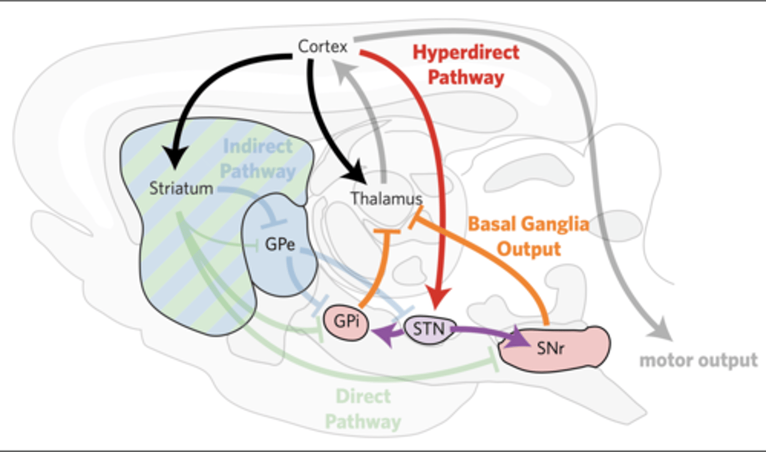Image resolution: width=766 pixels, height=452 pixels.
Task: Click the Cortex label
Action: tap(322, 47)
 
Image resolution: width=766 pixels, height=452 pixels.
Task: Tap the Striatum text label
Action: tap(181, 188)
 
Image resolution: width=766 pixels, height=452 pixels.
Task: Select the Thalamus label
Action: tap(386, 199)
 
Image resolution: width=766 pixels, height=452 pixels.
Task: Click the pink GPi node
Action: tap(346, 322)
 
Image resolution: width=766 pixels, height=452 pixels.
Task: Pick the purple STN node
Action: tap(429, 328)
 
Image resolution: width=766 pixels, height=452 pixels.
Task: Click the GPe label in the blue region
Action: tap(280, 244)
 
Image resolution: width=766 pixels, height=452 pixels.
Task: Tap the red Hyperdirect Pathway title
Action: tap(466, 64)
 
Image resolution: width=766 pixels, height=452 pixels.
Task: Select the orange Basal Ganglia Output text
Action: tap(529, 236)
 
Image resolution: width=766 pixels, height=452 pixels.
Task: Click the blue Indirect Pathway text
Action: tap(258, 159)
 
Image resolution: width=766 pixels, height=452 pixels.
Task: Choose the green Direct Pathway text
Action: tap(363, 409)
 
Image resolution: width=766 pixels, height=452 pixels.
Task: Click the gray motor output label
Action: tap(698, 360)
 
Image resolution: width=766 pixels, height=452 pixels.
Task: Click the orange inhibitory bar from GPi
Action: tap(387, 232)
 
